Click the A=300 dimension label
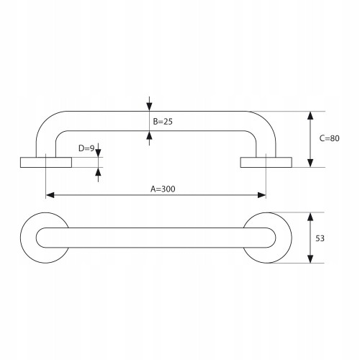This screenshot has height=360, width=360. click(163, 189)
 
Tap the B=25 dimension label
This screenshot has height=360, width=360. click(163, 122)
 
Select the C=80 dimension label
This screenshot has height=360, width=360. click(329, 138)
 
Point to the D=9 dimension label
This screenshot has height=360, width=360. click(86, 148)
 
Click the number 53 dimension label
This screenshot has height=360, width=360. click(320, 238)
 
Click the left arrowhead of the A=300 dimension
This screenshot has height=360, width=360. click(50, 195)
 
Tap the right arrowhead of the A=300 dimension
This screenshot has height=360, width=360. click(262, 195)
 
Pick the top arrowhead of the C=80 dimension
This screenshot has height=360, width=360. click(310, 115)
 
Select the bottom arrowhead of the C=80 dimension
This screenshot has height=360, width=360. click(310, 163)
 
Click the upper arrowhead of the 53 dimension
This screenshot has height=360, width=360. click(310, 217)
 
